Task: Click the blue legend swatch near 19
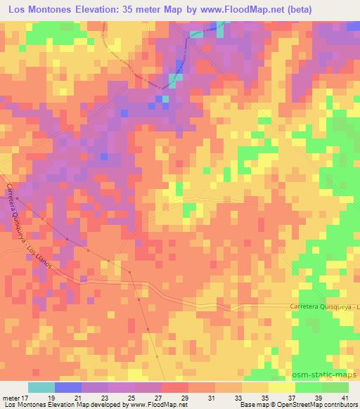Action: tap(68, 387)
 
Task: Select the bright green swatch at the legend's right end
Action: tap(335, 387)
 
